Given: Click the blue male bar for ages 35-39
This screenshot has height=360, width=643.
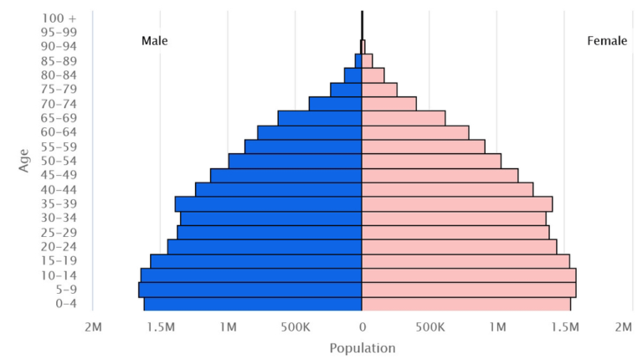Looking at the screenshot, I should [x=268, y=203].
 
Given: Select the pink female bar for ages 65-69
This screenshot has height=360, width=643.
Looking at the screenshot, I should [x=404, y=118].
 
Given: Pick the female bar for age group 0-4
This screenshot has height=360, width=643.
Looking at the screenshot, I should [x=466, y=304].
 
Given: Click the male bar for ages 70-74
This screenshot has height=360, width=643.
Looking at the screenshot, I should [x=335, y=104].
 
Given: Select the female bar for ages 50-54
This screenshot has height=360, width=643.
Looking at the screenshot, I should [x=431, y=161].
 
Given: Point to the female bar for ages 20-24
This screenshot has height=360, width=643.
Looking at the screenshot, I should [x=459, y=247].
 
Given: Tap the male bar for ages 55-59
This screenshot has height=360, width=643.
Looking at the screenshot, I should [x=303, y=147].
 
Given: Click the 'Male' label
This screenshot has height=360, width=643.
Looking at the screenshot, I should [x=154, y=40].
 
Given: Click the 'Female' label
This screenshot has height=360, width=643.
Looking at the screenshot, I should [x=607, y=40].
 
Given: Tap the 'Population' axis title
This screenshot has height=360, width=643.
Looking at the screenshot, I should [x=362, y=347].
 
